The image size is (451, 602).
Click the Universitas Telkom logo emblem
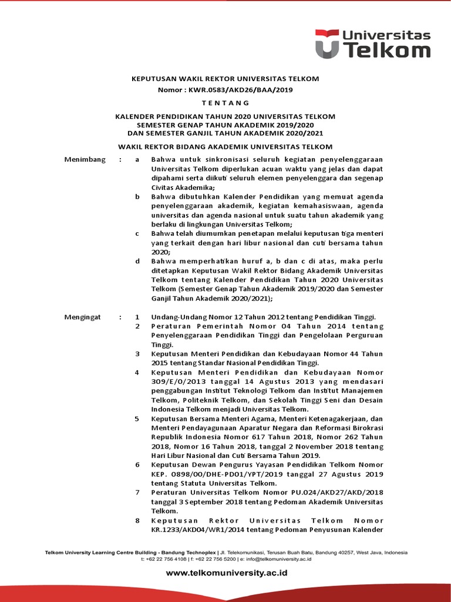(326, 44)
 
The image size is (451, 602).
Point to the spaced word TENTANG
(225, 103)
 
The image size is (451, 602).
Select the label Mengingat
(82, 317)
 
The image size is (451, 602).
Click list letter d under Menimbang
(137, 261)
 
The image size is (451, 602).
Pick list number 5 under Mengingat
(137, 419)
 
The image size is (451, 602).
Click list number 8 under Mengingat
(137, 520)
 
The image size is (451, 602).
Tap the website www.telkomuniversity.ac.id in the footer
(226, 573)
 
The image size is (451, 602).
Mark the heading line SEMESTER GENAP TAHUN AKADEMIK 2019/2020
(225, 125)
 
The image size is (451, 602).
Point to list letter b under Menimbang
(137, 196)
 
